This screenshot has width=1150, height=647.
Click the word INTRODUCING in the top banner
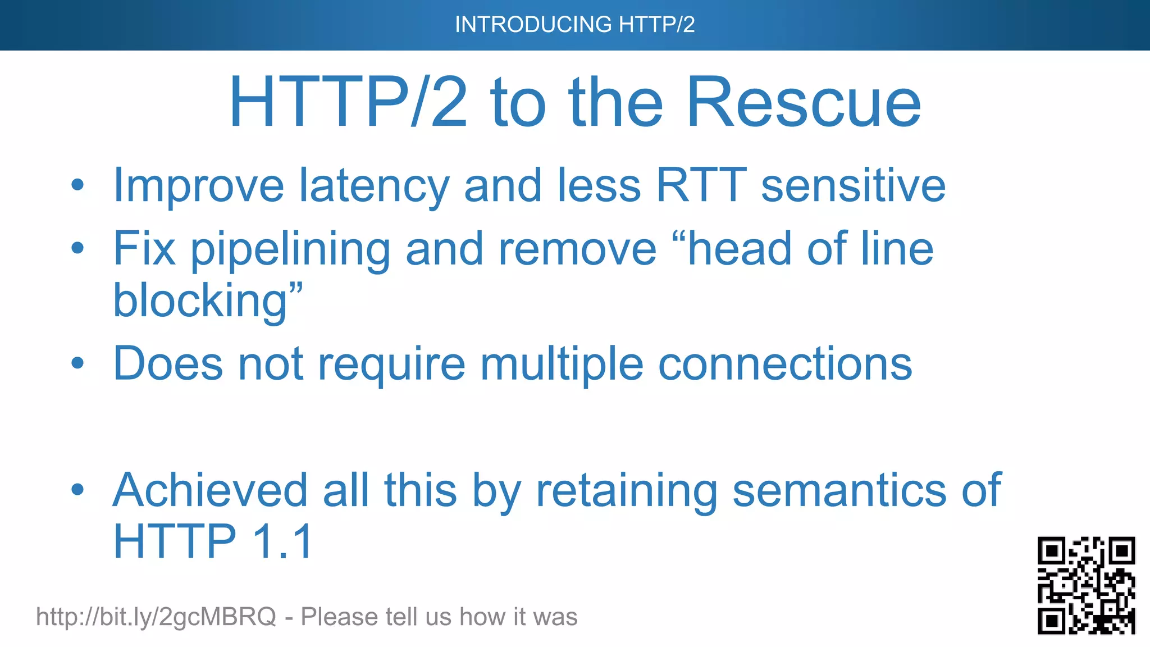coord(533,25)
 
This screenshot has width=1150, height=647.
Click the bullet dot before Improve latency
coord(77,185)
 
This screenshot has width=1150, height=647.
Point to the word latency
coord(374,186)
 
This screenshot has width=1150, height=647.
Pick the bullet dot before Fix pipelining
coord(77,248)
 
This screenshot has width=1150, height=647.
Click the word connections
coord(785,364)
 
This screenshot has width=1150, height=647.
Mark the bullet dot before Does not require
coord(77,363)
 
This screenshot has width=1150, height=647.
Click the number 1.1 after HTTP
coord(282,541)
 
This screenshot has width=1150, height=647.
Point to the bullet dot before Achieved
coord(77,489)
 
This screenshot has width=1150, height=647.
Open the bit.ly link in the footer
coord(156,617)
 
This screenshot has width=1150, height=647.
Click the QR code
coord(1086,585)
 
